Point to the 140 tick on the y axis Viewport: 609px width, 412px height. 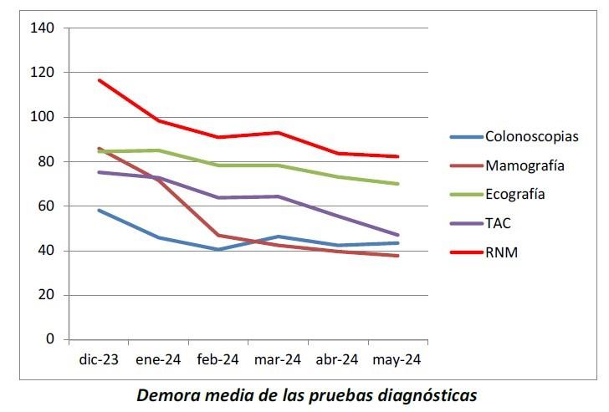click(x=43, y=28)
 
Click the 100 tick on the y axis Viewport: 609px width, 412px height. click(x=43, y=117)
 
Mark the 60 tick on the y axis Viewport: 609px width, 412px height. click(x=46, y=206)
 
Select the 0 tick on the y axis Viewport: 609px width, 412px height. click(x=49, y=339)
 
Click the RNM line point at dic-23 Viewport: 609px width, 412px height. click(x=99, y=80)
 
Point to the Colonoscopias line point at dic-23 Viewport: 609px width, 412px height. click(x=99, y=210)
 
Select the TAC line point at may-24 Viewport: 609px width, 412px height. click(x=397, y=235)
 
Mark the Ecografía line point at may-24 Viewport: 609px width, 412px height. click(x=397, y=184)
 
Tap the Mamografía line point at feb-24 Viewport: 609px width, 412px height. click(x=218, y=235)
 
